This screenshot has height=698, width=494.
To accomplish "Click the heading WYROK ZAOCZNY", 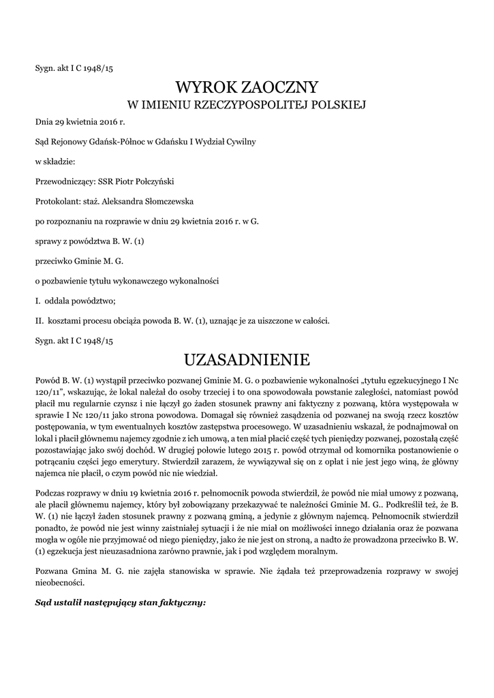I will [247, 87].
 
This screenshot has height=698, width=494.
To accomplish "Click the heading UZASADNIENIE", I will [247, 359].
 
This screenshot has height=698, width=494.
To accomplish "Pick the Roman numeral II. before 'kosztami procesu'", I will [40, 320].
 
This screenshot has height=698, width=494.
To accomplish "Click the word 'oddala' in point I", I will [58, 300].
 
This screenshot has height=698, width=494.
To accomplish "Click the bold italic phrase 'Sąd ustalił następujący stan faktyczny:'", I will [120, 603].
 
